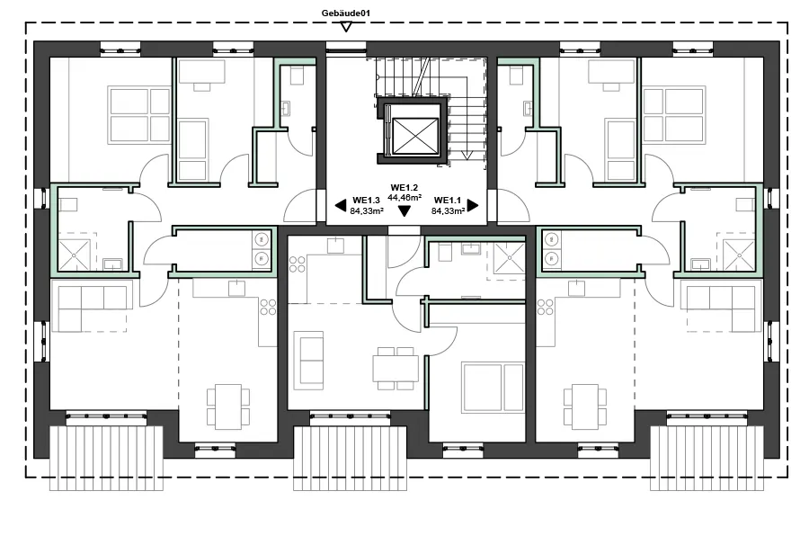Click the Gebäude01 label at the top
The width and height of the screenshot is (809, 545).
346,13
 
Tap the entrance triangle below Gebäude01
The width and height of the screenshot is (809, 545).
346,27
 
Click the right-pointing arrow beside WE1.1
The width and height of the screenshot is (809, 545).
472,205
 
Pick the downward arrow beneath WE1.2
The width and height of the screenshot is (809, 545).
404,211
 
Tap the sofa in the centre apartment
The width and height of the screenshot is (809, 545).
310,360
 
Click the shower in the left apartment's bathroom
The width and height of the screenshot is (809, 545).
76,251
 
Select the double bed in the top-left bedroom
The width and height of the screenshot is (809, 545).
139,114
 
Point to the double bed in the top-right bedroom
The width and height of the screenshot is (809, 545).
672,114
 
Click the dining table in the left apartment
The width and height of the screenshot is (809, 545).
228,406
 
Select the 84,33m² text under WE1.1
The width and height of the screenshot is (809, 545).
448,210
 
